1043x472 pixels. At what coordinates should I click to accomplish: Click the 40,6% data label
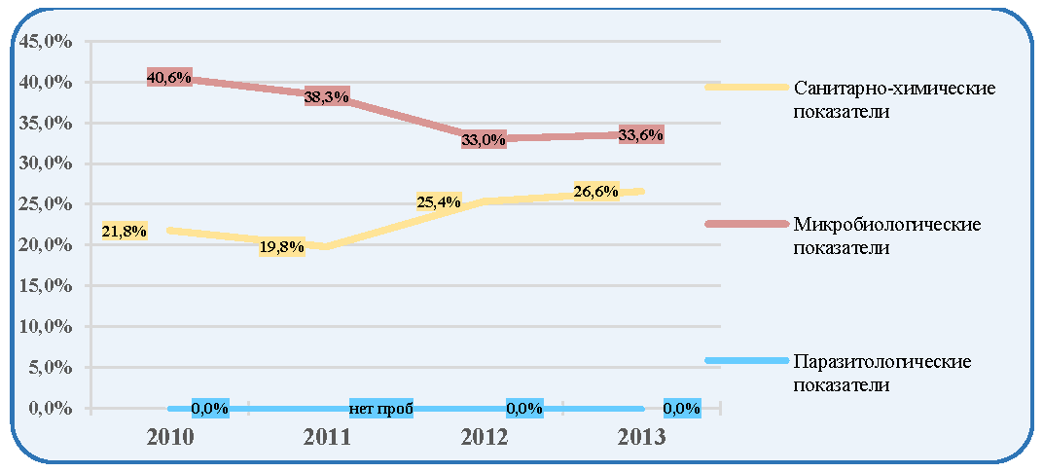(169, 78)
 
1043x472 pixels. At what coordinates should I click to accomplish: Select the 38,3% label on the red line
(327, 97)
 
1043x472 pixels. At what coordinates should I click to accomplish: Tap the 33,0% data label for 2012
(484, 140)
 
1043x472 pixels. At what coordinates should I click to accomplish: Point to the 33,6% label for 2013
(640, 135)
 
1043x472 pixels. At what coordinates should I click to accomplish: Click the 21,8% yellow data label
(125, 231)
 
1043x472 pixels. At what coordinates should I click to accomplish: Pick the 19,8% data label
(282, 247)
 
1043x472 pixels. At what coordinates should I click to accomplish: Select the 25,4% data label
(439, 201)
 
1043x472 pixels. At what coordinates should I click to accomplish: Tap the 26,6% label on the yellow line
(596, 192)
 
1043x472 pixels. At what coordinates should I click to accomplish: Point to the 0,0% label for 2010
(210, 408)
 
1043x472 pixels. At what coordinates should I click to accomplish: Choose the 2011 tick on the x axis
(326, 437)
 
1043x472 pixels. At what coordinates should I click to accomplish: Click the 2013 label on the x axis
(640, 437)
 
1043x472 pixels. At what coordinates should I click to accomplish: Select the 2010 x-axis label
(169, 437)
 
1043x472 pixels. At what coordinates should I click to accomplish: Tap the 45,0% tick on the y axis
(46, 42)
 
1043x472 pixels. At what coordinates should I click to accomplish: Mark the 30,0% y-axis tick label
(46, 163)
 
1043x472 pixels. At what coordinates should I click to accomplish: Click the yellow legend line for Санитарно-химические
(745, 87)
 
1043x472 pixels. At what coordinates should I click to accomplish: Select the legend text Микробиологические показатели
(887, 236)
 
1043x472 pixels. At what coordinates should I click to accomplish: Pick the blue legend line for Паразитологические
(745, 361)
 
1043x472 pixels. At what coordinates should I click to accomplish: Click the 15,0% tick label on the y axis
(46, 286)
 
